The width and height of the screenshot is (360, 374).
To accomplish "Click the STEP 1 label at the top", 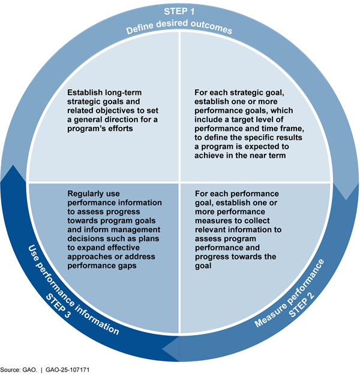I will pyautogui.click(x=180, y=11).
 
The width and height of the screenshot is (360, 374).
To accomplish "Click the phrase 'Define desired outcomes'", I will pyautogui.click(x=179, y=29).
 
